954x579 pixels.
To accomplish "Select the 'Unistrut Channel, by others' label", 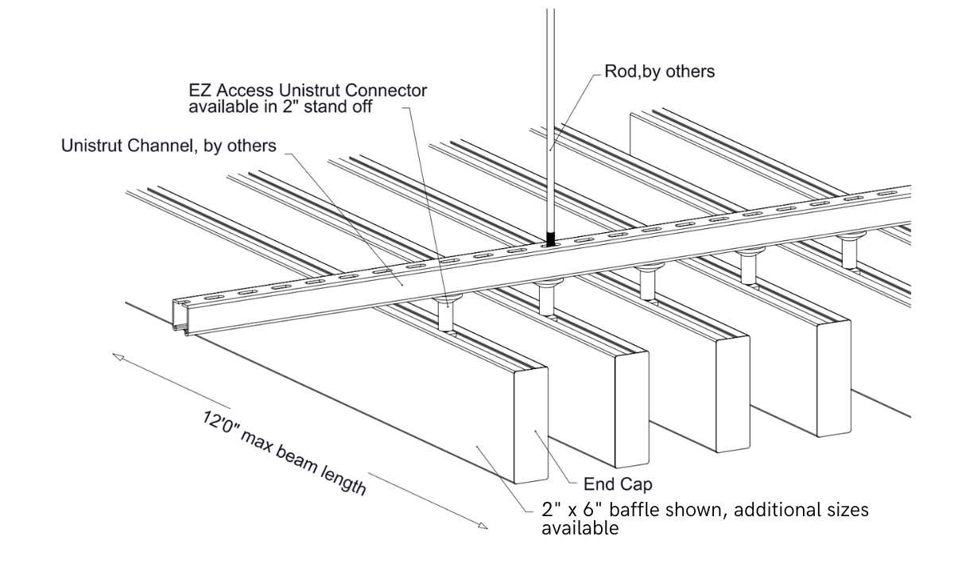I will (x=169, y=146).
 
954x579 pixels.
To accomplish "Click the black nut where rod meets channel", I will (x=550, y=238).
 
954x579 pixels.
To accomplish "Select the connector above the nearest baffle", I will (x=447, y=312).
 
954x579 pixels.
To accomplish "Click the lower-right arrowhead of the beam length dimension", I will (x=483, y=525).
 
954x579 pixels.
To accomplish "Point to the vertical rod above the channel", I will (x=549, y=119).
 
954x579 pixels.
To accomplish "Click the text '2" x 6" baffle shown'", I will (x=633, y=510).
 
